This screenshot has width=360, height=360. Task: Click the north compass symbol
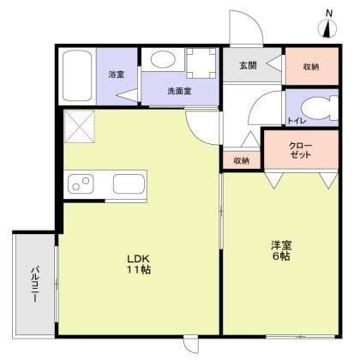(329, 29)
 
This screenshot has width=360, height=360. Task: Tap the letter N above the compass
(329, 12)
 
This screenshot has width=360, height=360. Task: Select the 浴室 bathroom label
(116, 75)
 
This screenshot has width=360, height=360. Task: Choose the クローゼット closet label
(301, 151)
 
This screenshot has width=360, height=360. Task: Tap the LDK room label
(138, 257)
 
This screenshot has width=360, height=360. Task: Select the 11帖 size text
(138, 270)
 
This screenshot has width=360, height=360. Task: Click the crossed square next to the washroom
(80, 129)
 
